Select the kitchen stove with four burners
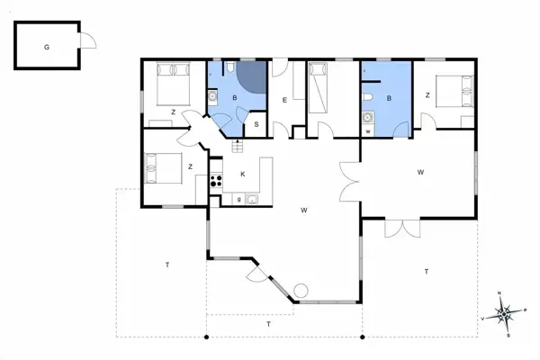click(x=216, y=179)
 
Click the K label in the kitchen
click(x=242, y=174)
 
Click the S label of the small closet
click(x=256, y=124)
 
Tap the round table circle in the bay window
click(x=301, y=290)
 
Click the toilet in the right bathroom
click(x=369, y=97)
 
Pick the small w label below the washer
click(x=368, y=131)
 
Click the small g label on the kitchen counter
click(x=238, y=198)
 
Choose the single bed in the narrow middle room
click(x=320, y=87)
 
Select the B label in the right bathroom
click(x=390, y=98)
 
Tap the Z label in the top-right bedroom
click(x=427, y=94)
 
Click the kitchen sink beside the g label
click(x=253, y=198)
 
